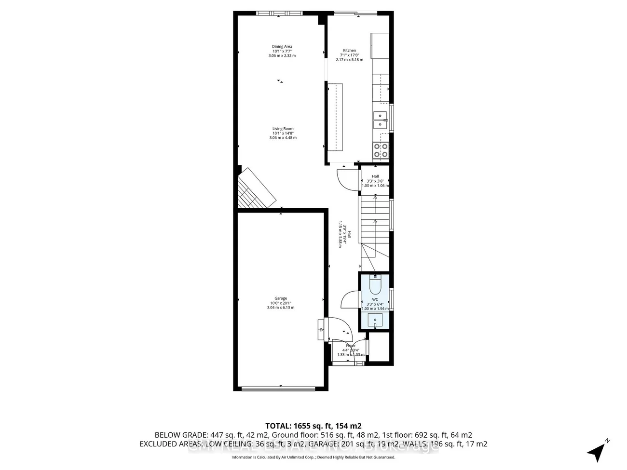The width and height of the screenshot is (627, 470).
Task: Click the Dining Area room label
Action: pyautogui.click(x=282, y=47)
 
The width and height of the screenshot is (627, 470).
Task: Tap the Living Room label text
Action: pyautogui.click(x=283, y=129)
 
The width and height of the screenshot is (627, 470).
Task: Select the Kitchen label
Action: pyautogui.click(x=350, y=51)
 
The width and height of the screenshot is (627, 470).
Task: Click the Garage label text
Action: pyautogui.click(x=281, y=298)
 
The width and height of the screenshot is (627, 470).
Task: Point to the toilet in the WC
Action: pyautogui.click(x=375, y=285)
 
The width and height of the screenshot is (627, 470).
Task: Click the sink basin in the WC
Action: pyautogui.click(x=375, y=320)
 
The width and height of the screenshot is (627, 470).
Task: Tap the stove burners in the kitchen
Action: pyautogui.click(x=381, y=150)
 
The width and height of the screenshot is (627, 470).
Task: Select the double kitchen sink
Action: pyautogui.click(x=381, y=120)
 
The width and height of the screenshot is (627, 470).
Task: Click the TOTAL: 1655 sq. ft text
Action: pyautogui.click(x=313, y=426)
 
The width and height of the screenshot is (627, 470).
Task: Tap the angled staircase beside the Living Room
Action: pyautogui.click(x=256, y=189)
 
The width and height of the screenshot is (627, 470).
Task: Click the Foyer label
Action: pyautogui.click(x=351, y=346)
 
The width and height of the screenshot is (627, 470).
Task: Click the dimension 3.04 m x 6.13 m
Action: pyautogui.click(x=281, y=308)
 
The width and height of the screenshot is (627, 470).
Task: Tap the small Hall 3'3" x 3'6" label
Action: pyautogui.click(x=375, y=181)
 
